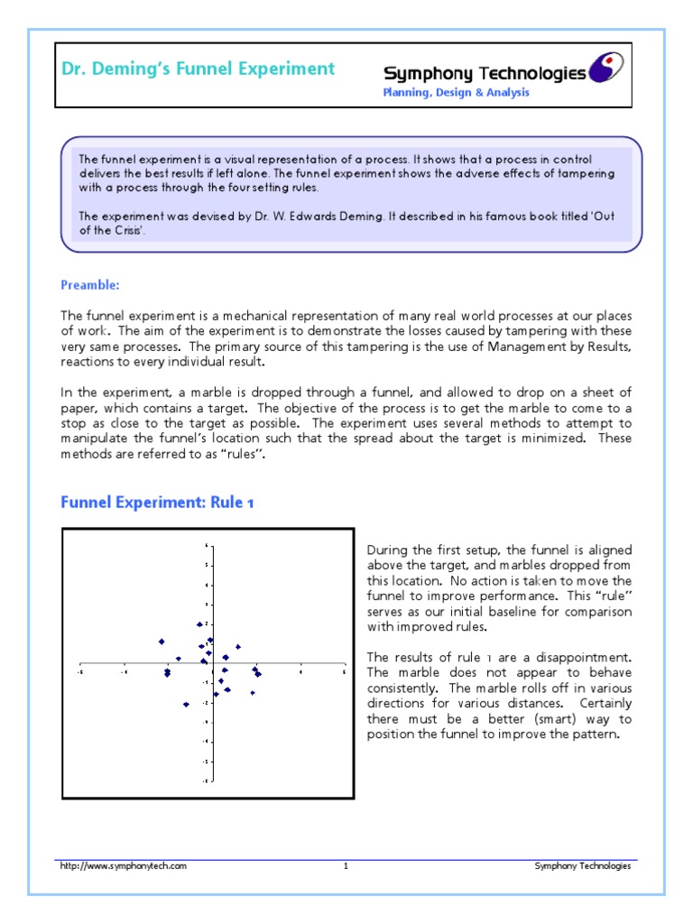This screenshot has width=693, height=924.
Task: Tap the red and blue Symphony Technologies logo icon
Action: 605,68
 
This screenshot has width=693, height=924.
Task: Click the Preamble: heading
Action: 90,285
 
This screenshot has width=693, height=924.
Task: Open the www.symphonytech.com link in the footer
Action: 124,866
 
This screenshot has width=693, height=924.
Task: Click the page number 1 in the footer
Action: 346,866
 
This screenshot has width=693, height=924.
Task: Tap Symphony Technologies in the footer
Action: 583,866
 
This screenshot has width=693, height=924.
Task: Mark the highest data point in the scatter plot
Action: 199,624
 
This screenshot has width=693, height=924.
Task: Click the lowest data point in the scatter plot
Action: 186,705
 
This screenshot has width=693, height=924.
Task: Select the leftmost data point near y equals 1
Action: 162,642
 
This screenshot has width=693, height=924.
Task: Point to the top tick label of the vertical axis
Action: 206,545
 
